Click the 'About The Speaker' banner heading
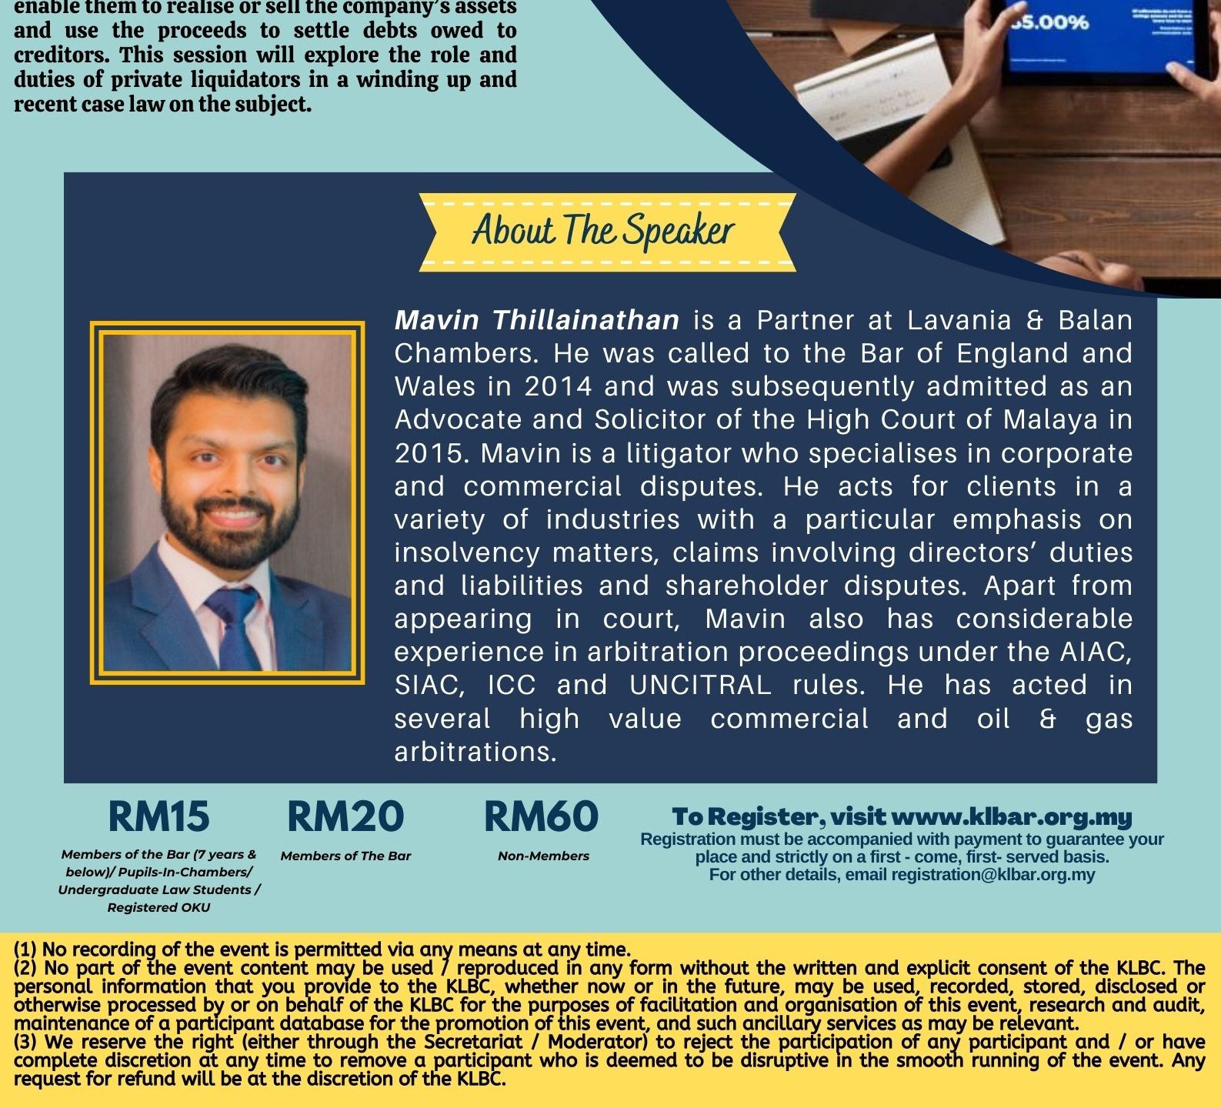[603, 231]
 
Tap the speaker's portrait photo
[227, 502]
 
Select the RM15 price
[158, 816]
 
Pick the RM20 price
[345, 816]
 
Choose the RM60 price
[542, 816]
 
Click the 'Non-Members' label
[543, 856]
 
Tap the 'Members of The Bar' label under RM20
[345, 856]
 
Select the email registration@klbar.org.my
[992, 875]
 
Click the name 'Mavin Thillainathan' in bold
[536, 320]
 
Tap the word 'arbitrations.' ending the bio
[475, 752]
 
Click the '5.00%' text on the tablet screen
[1050, 22]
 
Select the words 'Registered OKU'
[158, 907]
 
